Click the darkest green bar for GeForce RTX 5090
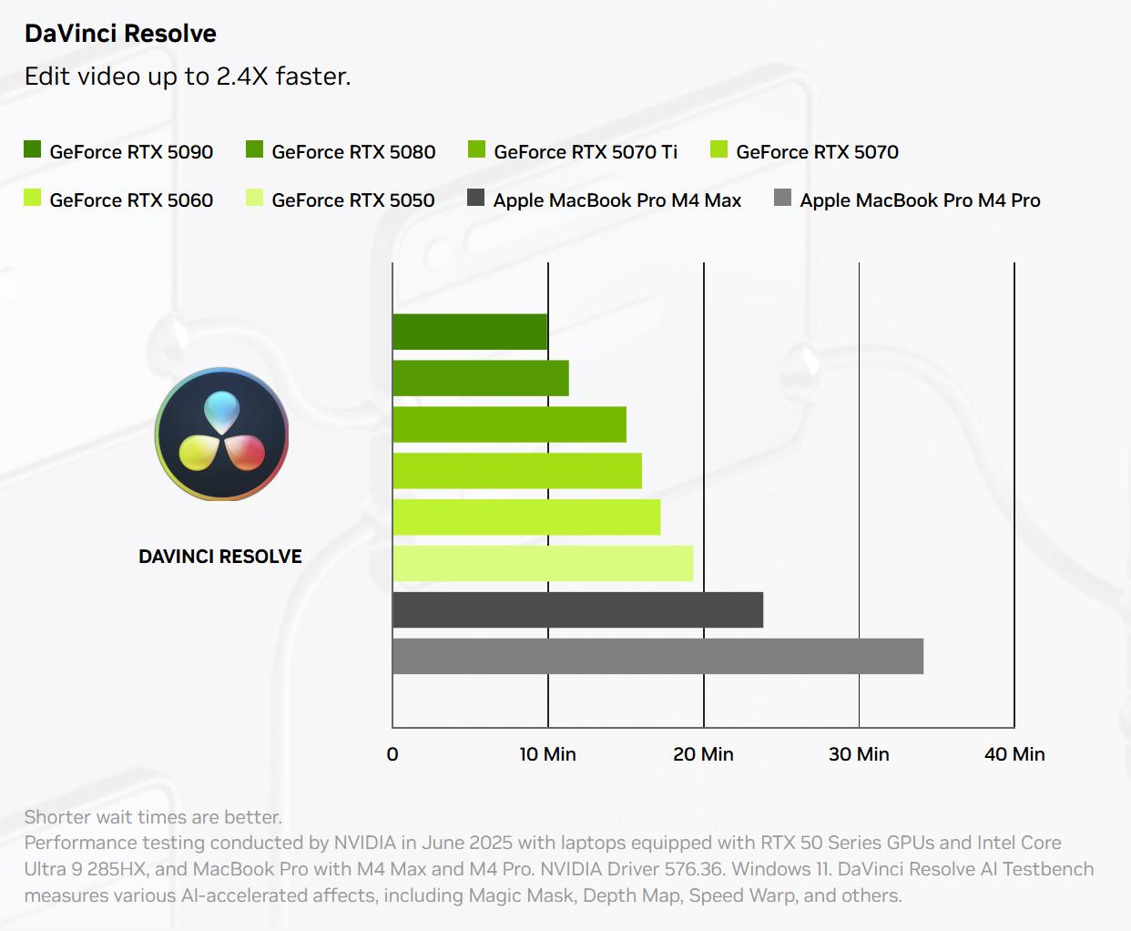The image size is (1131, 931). point(470,332)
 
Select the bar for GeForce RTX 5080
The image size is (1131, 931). point(481,378)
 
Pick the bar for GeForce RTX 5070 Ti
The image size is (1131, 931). point(510,425)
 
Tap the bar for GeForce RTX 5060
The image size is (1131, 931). point(526,517)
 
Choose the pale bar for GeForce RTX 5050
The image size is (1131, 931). point(543,564)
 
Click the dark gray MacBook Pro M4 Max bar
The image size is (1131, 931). point(577,610)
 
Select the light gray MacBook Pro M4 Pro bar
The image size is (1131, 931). point(657,657)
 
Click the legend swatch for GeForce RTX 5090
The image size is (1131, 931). point(33,149)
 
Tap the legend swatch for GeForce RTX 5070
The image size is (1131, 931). point(719,149)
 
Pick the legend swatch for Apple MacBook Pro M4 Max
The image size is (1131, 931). point(475,198)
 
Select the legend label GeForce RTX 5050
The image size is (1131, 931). point(353,200)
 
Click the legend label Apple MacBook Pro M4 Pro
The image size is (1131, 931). point(920,200)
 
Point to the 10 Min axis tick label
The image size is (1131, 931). point(547,754)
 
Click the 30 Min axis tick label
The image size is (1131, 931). point(859,754)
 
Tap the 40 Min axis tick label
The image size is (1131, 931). point(1014,754)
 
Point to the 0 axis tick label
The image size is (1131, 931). point(392,754)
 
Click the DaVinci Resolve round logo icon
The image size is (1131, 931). point(221,435)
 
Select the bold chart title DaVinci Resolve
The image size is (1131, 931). point(120,34)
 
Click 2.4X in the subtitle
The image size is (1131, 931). point(242,77)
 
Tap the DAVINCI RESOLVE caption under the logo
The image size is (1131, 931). point(220,557)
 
